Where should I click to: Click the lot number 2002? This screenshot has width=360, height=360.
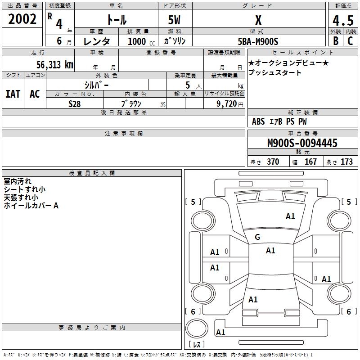(22, 19)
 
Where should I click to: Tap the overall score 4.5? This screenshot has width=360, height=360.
(343, 21)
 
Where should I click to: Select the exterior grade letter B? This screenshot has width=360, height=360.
(335, 40)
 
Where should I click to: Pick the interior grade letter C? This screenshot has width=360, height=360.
(350, 40)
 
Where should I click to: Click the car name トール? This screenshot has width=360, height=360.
(116, 20)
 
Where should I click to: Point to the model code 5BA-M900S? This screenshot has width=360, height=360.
(258, 41)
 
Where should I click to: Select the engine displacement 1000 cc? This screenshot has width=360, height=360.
(140, 41)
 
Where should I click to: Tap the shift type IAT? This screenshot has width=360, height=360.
(13, 94)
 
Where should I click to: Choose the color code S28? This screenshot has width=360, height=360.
(75, 104)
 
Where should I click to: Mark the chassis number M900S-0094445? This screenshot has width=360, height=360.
(302, 144)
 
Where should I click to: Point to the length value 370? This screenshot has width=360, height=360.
(273, 162)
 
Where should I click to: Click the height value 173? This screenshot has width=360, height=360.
(346, 162)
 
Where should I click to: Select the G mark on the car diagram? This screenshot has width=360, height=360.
(257, 237)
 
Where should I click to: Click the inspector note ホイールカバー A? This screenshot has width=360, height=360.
(31, 206)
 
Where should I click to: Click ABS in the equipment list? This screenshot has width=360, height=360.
(258, 121)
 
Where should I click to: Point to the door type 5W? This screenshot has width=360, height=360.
(175, 20)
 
